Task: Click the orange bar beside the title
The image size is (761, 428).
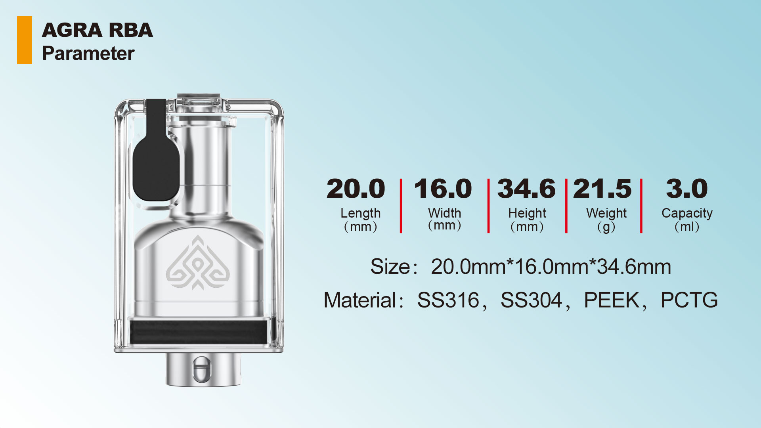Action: point(25,40)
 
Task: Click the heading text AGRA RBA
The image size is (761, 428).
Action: point(97,31)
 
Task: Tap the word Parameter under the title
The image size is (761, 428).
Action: point(88,53)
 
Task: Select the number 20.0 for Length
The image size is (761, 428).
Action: point(356,189)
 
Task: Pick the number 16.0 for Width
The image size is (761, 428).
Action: point(443,189)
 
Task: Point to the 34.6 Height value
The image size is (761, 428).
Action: point(526,189)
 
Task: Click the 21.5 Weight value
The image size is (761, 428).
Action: point(602,189)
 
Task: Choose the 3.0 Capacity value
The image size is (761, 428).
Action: point(687,189)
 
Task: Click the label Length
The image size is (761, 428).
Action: point(360,213)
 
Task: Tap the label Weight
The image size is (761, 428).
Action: point(606,213)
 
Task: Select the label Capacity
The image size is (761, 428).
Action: point(687,213)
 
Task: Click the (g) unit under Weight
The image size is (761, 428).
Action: point(606,227)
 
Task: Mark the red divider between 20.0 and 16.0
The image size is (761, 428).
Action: point(401,206)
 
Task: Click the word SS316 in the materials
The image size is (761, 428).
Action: point(448,300)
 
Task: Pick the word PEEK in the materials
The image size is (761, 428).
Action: point(612,300)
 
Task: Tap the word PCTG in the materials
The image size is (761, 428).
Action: point(689,300)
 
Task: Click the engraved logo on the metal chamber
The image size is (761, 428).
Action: point(198,264)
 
